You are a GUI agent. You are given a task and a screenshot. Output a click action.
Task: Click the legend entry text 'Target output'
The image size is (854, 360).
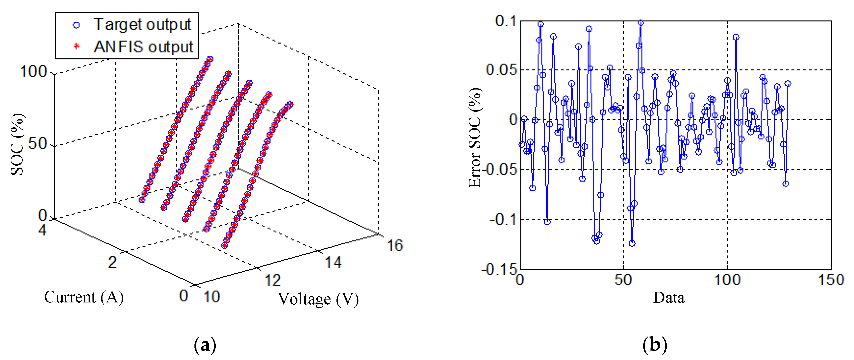(142, 25)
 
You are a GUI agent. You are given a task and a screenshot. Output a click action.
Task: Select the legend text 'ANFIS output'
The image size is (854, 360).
(143, 47)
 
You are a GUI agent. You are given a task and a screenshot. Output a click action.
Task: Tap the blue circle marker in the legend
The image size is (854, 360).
(76, 25)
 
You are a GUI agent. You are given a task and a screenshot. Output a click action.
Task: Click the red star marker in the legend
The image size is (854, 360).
(76, 46)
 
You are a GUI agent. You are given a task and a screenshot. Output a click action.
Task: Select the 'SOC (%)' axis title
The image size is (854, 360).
(17, 144)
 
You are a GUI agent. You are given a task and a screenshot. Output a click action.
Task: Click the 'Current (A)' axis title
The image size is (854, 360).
(84, 297)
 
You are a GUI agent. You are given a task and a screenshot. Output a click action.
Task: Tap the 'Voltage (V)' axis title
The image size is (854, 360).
(318, 299)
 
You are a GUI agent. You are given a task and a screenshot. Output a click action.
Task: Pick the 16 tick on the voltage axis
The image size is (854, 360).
(395, 246)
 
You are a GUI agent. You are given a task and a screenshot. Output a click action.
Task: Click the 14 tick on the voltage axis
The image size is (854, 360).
(333, 262)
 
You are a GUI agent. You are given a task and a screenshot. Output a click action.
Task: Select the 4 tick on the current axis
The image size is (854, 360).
(42, 230)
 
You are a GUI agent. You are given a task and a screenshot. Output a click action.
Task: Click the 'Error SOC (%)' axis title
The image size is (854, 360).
(475, 138)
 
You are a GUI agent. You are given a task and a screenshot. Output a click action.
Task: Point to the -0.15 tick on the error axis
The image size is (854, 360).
(499, 269)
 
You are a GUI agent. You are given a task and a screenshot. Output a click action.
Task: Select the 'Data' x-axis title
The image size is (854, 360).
(668, 298)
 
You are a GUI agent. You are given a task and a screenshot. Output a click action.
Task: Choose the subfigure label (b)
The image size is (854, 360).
(655, 345)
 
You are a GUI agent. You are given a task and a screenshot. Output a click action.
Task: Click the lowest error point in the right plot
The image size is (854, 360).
(632, 243)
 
